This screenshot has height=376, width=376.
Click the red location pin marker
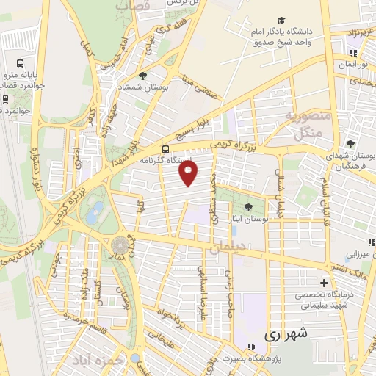pyautogui.click(x=189, y=174)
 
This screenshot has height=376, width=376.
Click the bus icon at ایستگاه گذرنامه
pyautogui.click(x=165, y=147)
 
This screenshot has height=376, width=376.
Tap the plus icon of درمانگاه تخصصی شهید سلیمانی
pyautogui.click(x=324, y=283)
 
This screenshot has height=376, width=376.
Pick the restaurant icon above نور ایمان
pyautogui.click(x=353, y=53)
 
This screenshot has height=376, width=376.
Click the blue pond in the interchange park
pyautogui.click(x=94, y=215)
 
